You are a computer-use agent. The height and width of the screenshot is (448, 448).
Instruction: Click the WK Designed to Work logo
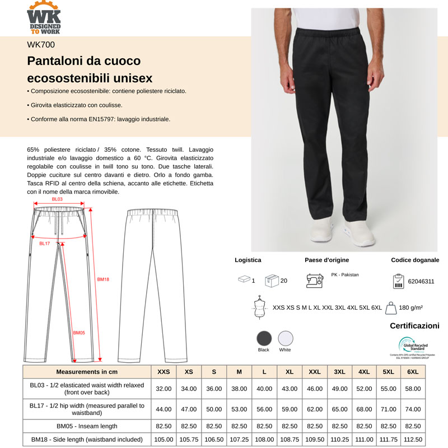click(x=44, y=17)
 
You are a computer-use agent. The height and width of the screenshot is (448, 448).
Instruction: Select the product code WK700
click(x=41, y=45)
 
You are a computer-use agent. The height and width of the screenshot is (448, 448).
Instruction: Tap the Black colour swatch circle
click(x=264, y=338)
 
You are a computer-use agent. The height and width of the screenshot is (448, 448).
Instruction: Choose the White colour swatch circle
click(x=285, y=338)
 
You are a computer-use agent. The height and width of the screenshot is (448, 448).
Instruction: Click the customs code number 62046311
click(x=421, y=282)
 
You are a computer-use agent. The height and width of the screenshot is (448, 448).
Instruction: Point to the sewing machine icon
click(x=314, y=280)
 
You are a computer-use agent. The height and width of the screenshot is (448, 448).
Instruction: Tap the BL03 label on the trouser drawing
click(x=57, y=199)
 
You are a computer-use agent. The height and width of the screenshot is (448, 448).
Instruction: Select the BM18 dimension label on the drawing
click(x=103, y=279)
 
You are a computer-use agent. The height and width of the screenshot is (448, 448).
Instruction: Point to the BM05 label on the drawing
click(x=78, y=332)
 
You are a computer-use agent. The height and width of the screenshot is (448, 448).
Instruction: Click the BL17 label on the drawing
click(x=45, y=244)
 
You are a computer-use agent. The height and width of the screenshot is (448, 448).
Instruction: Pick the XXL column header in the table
click(x=315, y=372)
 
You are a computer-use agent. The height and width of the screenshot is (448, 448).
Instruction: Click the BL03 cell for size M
click(x=239, y=389)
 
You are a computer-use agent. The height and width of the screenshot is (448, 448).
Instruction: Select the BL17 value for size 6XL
click(x=413, y=409)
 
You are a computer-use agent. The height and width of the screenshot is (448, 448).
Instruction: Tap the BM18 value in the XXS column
click(x=164, y=440)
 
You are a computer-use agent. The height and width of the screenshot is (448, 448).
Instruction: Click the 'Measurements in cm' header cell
click(x=87, y=372)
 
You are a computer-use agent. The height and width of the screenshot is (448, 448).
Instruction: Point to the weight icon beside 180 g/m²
click(x=391, y=307)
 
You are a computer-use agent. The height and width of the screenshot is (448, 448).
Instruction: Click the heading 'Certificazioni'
click(x=414, y=326)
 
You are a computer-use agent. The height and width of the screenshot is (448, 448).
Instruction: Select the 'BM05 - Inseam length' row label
click(x=87, y=426)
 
